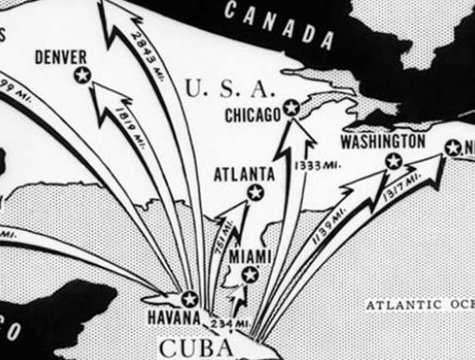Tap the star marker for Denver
pos(83,76)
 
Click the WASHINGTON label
pos(382,142)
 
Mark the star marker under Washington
pos(392,162)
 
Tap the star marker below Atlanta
pos(255,192)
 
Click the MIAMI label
pos(249,256)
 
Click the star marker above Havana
pos(189,298)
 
